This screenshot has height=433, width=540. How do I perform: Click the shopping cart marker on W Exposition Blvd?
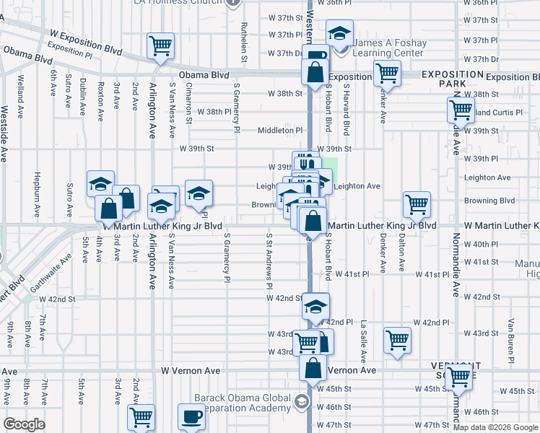[x=160, y=46]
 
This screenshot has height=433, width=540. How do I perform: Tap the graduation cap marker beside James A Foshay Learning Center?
[x=339, y=32]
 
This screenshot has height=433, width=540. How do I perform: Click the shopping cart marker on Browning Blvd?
[x=417, y=204]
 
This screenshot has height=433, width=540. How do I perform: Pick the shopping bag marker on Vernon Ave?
[x=313, y=367]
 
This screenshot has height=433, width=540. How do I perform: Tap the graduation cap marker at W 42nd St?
[x=315, y=306]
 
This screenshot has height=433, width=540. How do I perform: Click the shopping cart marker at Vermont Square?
[x=459, y=376]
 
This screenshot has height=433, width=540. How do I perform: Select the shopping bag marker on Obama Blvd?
[x=315, y=73]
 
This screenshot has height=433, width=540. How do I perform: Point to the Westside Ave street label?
[x=4, y=134]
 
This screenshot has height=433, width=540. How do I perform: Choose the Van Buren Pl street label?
[x=510, y=339]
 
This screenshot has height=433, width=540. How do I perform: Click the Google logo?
[x=24, y=424]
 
